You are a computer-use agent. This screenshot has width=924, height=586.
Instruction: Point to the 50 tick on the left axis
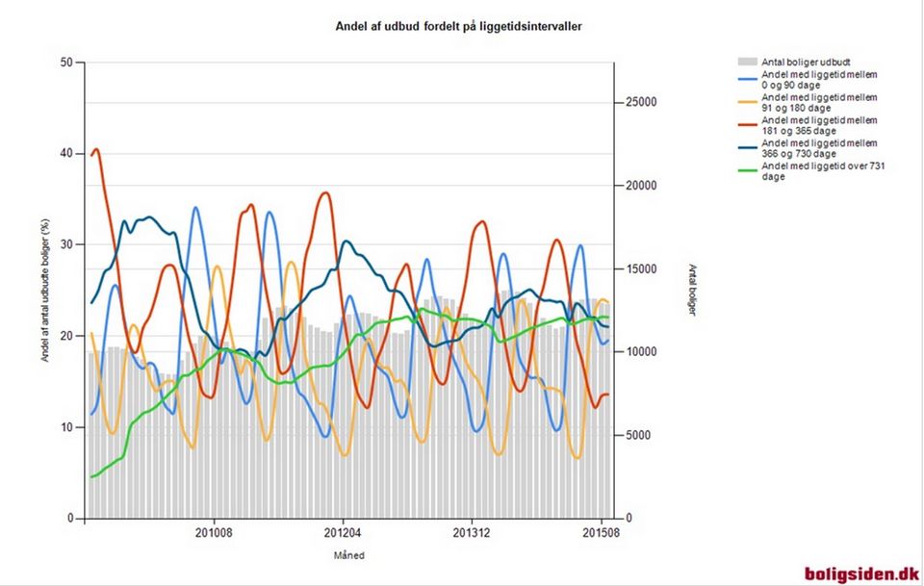(x=66, y=63)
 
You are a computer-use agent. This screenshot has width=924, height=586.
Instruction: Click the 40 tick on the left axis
(x=66, y=154)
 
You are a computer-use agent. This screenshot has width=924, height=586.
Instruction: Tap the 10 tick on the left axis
(x=66, y=427)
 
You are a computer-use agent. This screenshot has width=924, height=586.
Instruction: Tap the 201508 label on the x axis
(x=601, y=532)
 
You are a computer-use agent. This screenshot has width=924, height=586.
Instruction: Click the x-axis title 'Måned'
(x=348, y=555)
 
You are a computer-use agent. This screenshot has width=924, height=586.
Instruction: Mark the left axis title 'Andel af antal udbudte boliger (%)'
(x=45, y=291)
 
